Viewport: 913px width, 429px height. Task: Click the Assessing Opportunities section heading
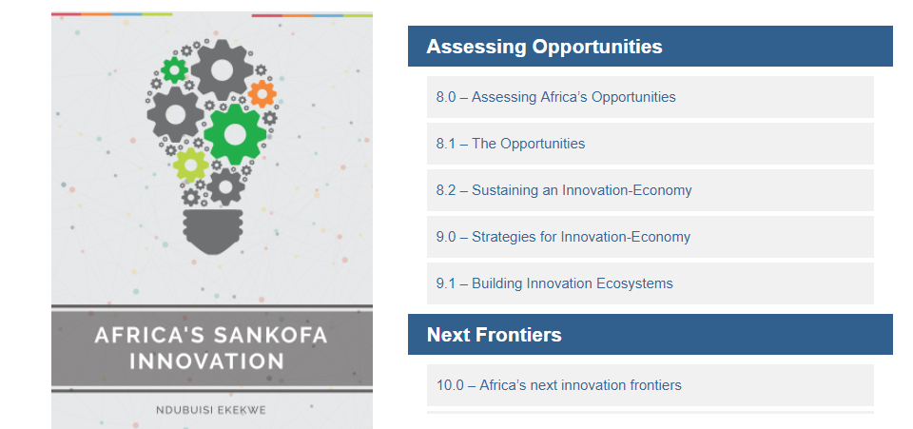[544, 47]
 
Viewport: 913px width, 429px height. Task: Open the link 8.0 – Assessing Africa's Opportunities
[556, 97]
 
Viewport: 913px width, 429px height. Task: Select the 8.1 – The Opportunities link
[511, 144]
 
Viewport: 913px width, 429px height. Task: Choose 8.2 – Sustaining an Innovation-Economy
[564, 190]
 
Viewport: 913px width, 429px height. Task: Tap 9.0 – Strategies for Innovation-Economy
[563, 237]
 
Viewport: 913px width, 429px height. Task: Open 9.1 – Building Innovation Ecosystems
[554, 283]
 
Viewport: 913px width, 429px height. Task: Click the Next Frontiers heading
[495, 335]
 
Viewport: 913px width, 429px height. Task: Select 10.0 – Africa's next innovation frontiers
[559, 385]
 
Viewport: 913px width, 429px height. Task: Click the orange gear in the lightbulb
[262, 94]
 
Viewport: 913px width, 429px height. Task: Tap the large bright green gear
[235, 134]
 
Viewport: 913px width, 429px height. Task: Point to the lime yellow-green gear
[191, 166]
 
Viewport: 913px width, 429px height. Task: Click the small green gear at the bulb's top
[174, 70]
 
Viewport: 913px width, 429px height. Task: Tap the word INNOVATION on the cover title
[206, 361]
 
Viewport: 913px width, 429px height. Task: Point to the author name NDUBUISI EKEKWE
[211, 410]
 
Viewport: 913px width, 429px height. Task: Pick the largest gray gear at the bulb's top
[222, 70]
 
